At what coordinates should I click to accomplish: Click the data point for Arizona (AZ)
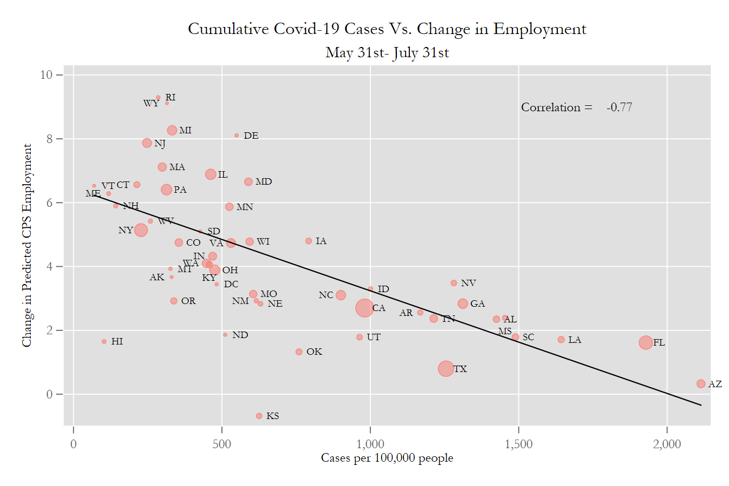pyautogui.click(x=701, y=384)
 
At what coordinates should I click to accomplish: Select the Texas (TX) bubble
pyautogui.click(x=446, y=369)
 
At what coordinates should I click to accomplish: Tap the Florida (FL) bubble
pyautogui.click(x=646, y=342)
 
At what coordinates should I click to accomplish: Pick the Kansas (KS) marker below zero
pyautogui.click(x=259, y=416)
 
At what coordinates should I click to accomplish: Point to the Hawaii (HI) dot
pyautogui.click(x=104, y=341)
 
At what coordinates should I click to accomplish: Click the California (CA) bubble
pyautogui.click(x=364, y=308)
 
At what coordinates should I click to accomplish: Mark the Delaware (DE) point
pyautogui.click(x=237, y=136)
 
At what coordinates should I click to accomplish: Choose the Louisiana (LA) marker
pyautogui.click(x=561, y=340)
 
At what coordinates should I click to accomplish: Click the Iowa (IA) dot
pyautogui.click(x=309, y=241)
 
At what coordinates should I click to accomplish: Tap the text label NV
pyautogui.click(x=468, y=283)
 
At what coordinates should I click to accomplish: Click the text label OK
pyautogui.click(x=314, y=352)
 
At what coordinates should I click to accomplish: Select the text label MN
pyautogui.click(x=245, y=207)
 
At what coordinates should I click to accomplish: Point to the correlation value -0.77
pyautogui.click(x=619, y=107)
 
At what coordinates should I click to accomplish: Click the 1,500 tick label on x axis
pyautogui.click(x=518, y=444)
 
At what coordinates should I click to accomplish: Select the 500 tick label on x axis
pyautogui.click(x=222, y=444)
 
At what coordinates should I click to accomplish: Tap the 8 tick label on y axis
pyautogui.click(x=50, y=139)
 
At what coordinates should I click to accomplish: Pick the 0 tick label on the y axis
pyautogui.click(x=50, y=394)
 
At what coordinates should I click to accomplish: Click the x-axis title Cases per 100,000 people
pyautogui.click(x=387, y=458)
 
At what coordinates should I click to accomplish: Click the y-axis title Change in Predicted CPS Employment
pyautogui.click(x=26, y=245)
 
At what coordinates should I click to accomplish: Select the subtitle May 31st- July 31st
pyautogui.click(x=387, y=52)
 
